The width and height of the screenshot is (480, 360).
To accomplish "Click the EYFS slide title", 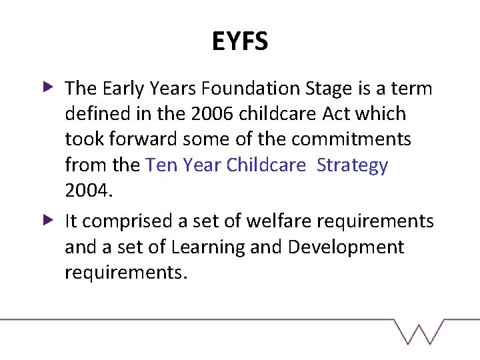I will [240, 42].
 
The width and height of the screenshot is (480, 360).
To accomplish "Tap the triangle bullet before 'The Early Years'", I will [48, 87].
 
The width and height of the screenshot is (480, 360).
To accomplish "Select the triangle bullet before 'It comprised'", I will [48, 219].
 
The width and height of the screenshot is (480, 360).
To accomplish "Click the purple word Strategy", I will [352, 165].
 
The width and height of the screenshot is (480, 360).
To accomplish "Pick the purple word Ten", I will [158, 165].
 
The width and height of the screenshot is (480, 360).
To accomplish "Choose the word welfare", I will [271, 221].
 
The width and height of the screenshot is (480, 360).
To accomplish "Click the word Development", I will [346, 247].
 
